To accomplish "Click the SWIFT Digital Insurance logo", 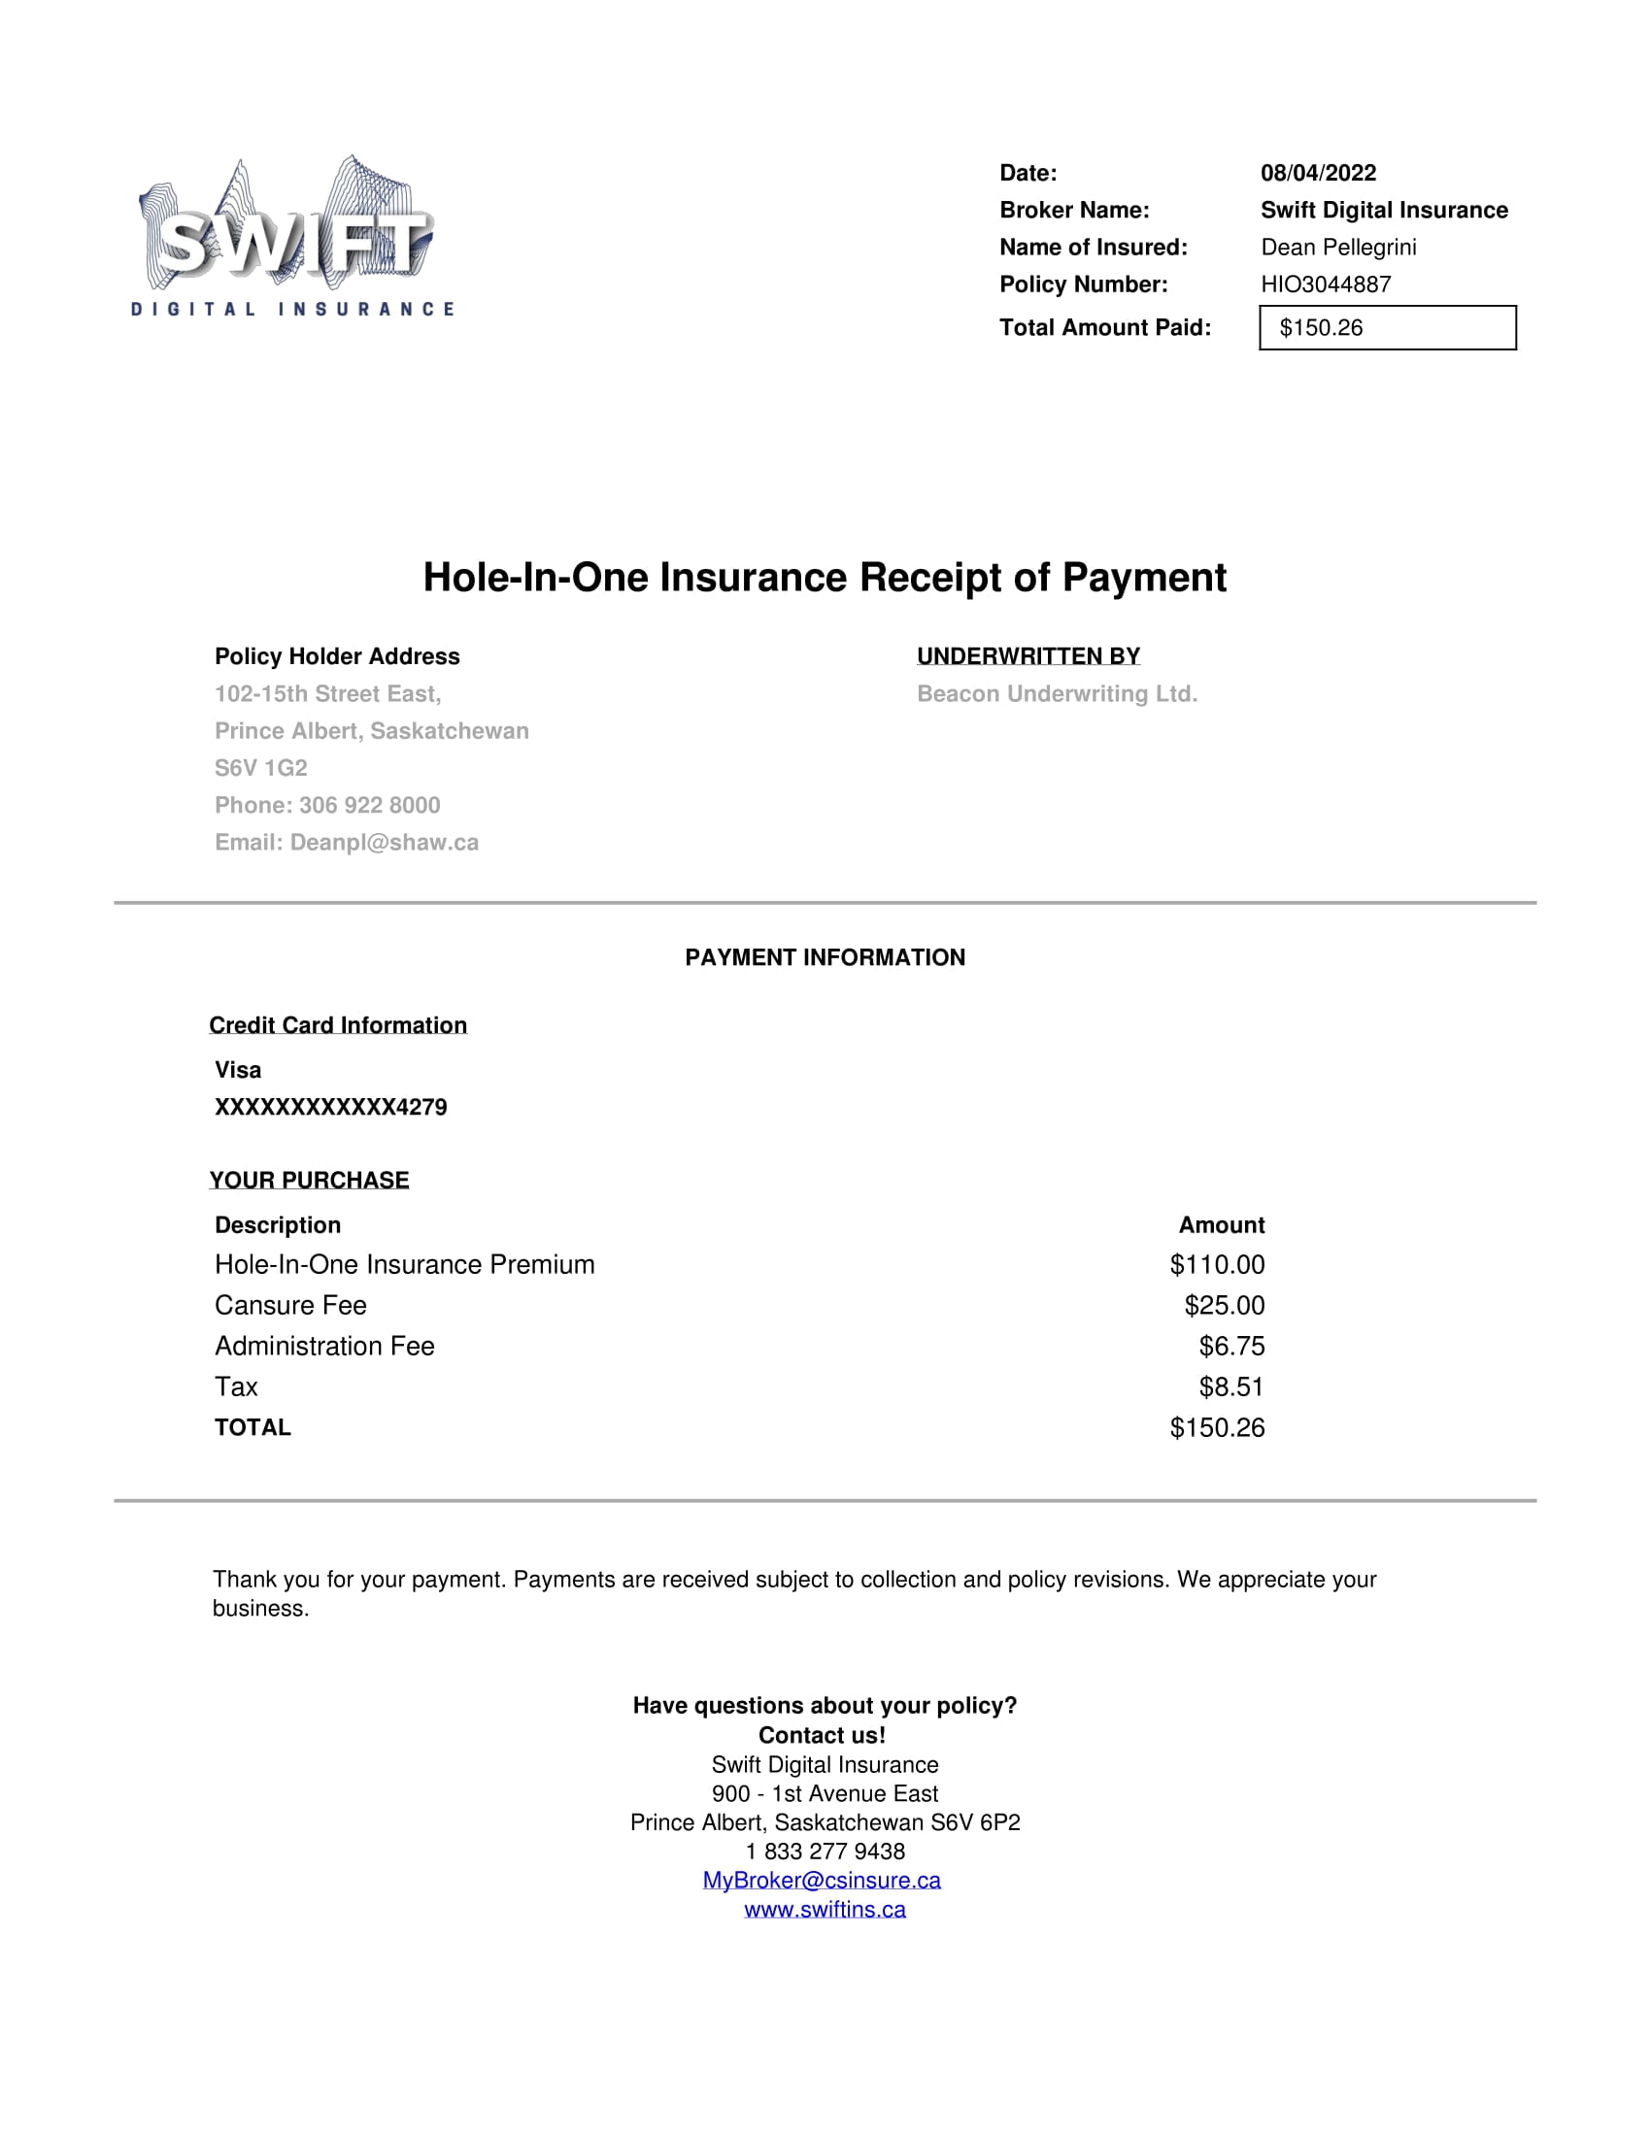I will tap(291, 238).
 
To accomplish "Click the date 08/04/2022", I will tap(1318, 173).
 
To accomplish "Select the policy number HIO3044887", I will tap(1326, 284).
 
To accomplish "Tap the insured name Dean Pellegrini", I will tap(1338, 248).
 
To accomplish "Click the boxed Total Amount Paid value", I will tap(1387, 327).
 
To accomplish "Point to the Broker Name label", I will tap(1074, 211).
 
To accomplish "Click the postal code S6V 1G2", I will tap(261, 768).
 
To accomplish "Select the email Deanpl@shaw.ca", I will tap(385, 842).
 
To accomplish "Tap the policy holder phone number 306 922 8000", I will tap(370, 805).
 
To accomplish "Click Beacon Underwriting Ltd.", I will tap(1057, 693).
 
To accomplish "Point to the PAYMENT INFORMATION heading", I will tap(825, 957).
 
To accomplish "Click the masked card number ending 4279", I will tap(330, 1107).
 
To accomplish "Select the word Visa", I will tap(238, 1070).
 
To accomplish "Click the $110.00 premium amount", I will tap(1217, 1264).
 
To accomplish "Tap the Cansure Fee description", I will tap(290, 1306).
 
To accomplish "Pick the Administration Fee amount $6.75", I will tap(1231, 1347).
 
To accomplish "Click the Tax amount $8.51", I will tap(1231, 1386).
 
